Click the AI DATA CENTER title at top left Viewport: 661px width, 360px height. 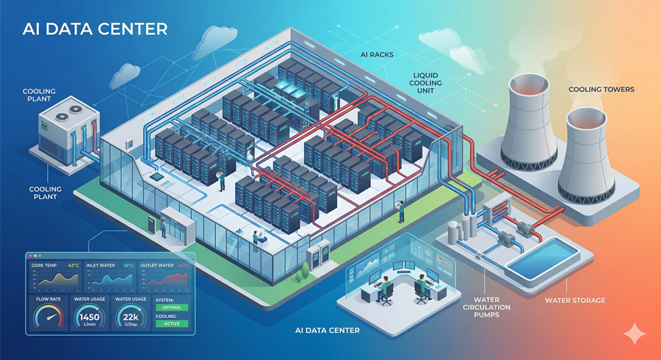coord(95,29)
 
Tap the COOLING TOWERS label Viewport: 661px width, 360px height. coord(601,90)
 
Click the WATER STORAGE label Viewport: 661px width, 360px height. coord(575,300)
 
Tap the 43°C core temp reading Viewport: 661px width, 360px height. coord(73,265)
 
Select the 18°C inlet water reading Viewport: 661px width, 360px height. coord(128,265)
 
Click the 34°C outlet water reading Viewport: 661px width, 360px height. coord(181,265)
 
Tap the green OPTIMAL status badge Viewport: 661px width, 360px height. coord(171,307)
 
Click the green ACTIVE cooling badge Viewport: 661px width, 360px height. coord(171,323)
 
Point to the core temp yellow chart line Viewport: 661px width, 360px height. coord(55,278)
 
